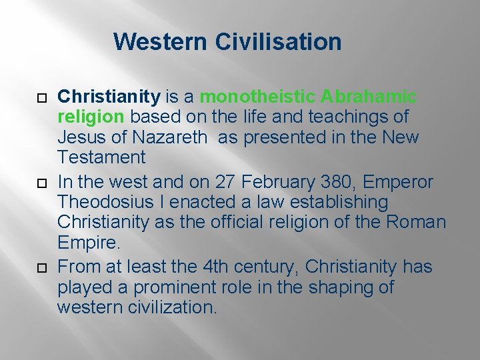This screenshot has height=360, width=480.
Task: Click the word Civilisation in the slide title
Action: [x=278, y=42]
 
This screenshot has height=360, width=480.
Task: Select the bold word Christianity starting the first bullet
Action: [x=109, y=97]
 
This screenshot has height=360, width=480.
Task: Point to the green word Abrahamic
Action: [x=368, y=97]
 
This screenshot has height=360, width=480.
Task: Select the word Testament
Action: [x=101, y=157]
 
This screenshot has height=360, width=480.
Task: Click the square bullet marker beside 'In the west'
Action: [x=39, y=182]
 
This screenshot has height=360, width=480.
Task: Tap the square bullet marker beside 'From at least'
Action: [x=39, y=268]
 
